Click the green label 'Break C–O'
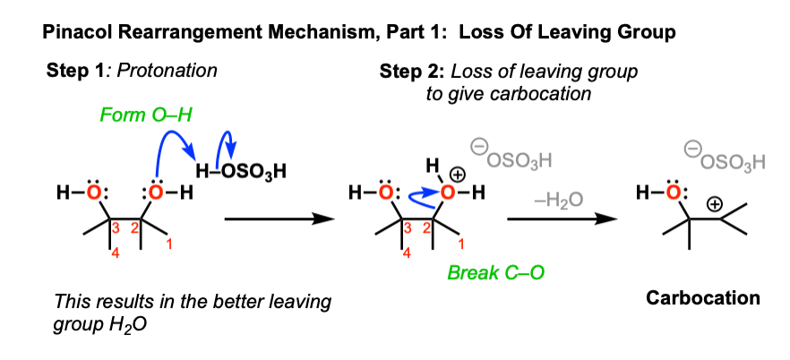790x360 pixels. [497, 272]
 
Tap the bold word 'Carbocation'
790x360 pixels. [703, 298]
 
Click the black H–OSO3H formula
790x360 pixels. [241, 172]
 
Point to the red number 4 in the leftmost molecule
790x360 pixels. [116, 254]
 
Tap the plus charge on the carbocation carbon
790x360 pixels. [715, 204]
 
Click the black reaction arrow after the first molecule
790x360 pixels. [279, 219]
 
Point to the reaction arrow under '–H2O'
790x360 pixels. [562, 219]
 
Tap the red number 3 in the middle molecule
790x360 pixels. [407, 228]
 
